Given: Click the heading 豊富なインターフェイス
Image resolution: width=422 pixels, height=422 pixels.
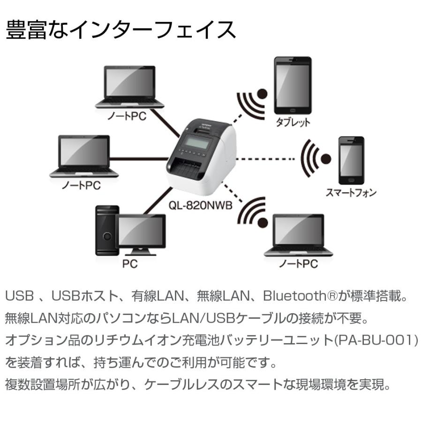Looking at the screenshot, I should [x=121, y=30].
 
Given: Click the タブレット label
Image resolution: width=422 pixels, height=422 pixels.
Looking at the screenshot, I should [x=293, y=122].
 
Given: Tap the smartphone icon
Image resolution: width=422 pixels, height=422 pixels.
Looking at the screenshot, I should [x=350, y=160].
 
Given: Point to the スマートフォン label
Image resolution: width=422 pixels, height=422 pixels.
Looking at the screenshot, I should [x=351, y=192].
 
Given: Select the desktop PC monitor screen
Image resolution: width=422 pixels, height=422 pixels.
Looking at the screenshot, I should [x=141, y=231].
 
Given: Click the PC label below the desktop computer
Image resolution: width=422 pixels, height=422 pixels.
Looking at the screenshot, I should [x=129, y=264].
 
